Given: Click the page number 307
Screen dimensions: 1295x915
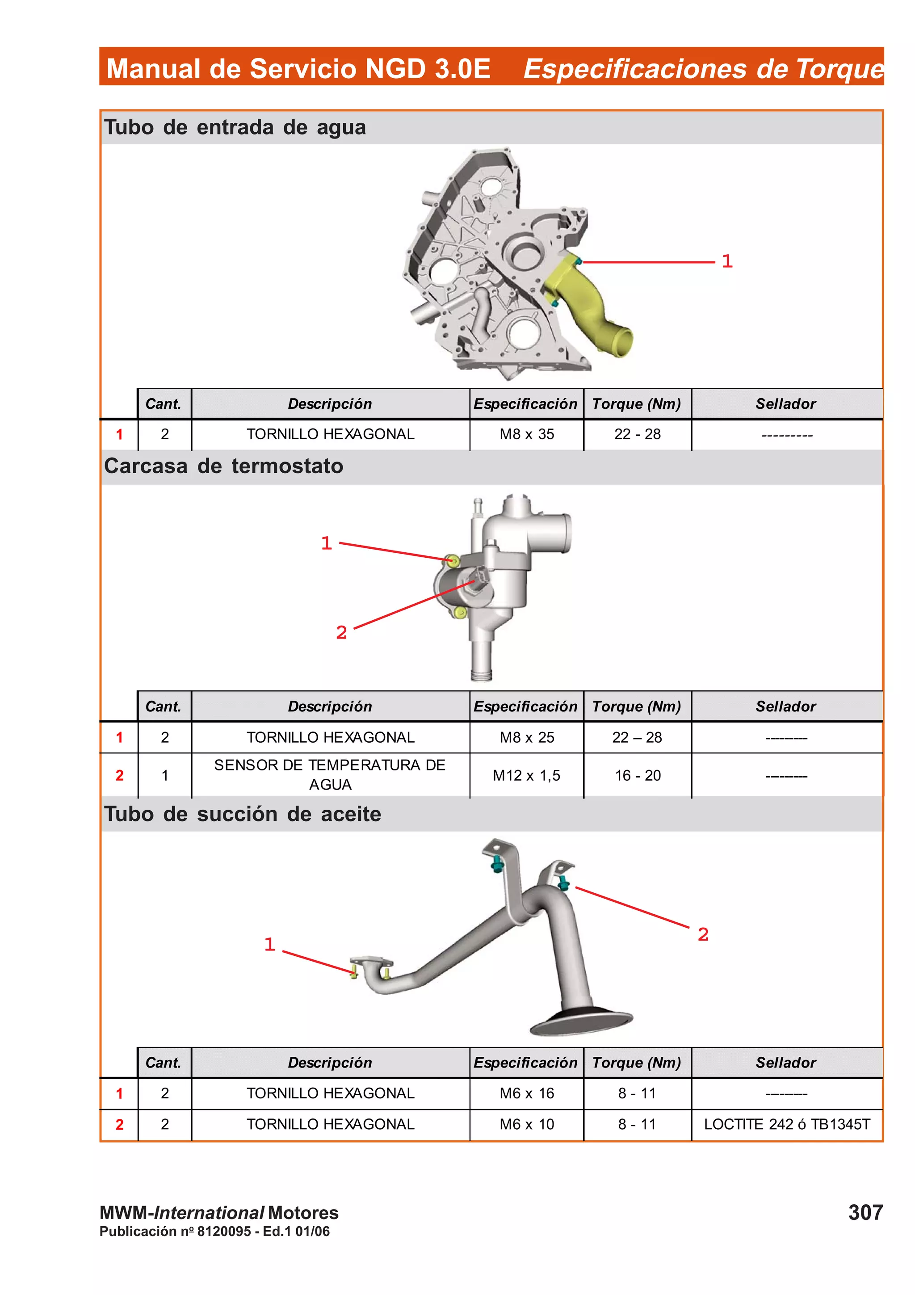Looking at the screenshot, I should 865,1212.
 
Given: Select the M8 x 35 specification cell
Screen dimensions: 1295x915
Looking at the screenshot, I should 527,434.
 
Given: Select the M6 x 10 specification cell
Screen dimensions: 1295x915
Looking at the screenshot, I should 527,1124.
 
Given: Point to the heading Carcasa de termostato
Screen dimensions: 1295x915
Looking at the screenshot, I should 224,467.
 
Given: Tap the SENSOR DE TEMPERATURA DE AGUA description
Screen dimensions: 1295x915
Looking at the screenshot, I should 330,774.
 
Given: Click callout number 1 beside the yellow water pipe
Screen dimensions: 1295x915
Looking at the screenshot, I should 727,261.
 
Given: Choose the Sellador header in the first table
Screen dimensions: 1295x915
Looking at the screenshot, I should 786,404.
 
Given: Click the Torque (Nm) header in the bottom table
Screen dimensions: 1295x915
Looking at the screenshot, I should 637,1063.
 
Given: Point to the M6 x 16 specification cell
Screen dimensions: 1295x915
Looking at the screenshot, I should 527,1093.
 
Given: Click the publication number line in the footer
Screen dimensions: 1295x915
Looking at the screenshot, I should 214,1231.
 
